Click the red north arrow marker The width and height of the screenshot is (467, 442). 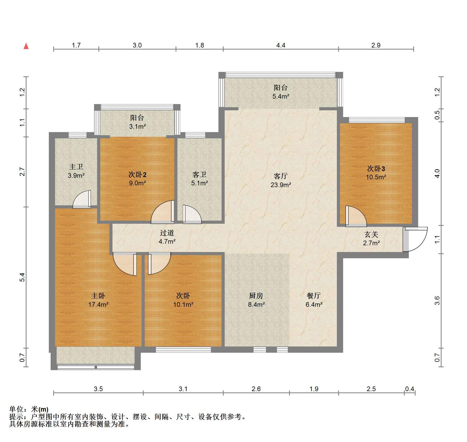26,46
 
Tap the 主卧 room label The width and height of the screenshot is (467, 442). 98,296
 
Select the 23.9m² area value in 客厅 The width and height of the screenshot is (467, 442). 281,185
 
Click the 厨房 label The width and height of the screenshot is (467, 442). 256,296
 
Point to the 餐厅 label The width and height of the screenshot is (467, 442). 314,296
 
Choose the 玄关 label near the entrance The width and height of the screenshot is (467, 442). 371,235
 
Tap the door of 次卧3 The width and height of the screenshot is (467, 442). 356,216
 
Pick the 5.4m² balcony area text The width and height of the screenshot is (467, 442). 281,97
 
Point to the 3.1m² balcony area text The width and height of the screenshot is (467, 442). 137,127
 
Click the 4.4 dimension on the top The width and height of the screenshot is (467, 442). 281,45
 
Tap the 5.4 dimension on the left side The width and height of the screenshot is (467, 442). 23,277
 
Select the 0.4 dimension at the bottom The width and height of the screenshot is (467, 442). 410,389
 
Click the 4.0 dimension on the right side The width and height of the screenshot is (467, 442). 437,174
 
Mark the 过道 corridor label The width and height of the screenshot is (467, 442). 167,233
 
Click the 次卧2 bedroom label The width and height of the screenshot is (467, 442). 137,174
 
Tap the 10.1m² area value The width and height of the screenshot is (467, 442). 183,304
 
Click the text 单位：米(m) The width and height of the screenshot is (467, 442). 29,410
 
